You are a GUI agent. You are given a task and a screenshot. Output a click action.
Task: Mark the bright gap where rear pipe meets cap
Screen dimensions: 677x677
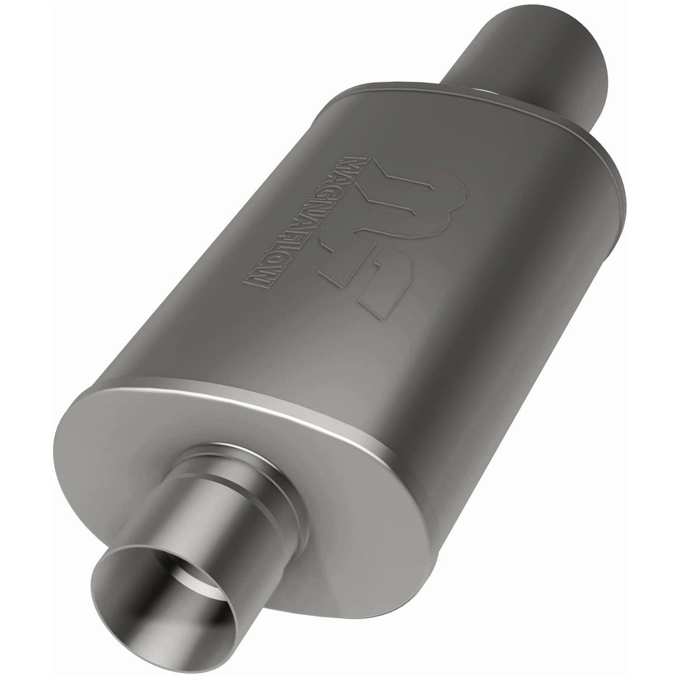pyautogui.click(x=485, y=92)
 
